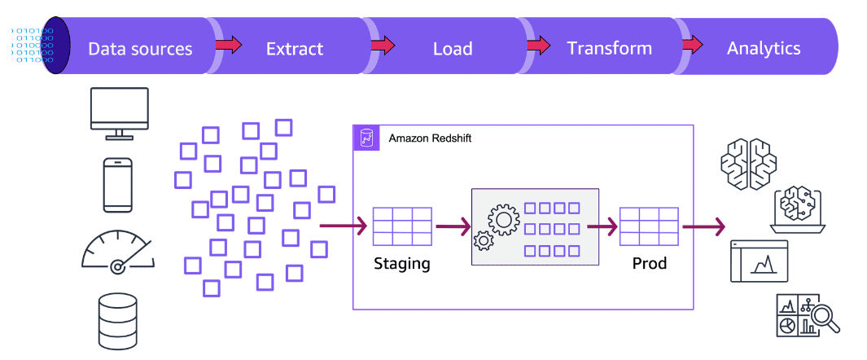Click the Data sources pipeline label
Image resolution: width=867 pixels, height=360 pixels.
coord(140,48)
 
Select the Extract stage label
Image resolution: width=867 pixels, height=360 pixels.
coord(295,48)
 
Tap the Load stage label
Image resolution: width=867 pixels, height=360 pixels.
coord(453,48)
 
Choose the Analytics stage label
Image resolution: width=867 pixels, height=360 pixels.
coord(764,48)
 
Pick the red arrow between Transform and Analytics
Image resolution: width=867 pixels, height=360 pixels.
coord(693,45)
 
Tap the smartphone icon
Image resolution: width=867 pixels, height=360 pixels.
coord(118,185)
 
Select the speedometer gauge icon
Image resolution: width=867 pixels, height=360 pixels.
coord(118,250)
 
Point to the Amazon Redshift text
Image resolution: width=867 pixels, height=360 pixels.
coord(430,138)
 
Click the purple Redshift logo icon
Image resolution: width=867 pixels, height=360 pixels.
coord(366,138)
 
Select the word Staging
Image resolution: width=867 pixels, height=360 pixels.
coord(401,264)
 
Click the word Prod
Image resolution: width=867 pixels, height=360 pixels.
coord(649,264)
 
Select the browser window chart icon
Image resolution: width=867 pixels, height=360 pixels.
coord(759,261)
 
